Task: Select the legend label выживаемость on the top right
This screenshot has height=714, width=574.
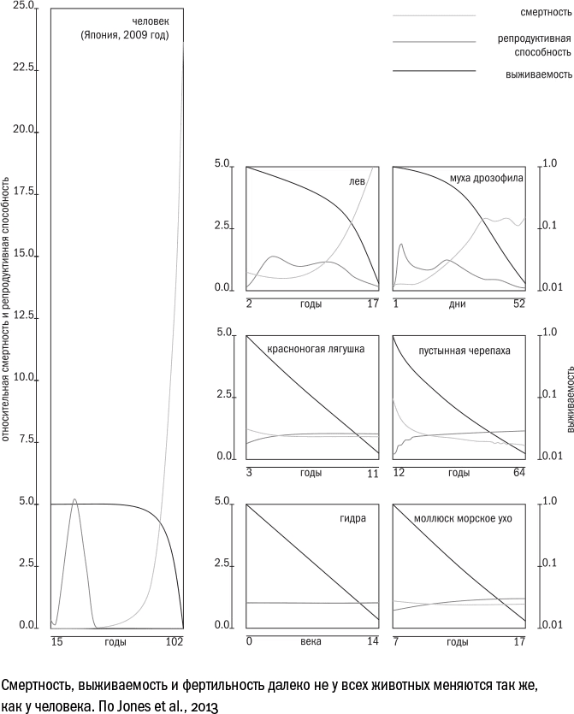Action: pos(538,74)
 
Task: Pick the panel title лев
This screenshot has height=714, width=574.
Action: pos(358,182)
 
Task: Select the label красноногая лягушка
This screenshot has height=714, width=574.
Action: pos(316,349)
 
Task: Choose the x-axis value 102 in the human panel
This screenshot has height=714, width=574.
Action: pos(175,640)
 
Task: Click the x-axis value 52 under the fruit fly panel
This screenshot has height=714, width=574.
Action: pos(519,304)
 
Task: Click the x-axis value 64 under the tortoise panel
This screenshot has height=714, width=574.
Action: pos(518,473)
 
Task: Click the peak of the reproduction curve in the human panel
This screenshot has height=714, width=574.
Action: pos(74,499)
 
